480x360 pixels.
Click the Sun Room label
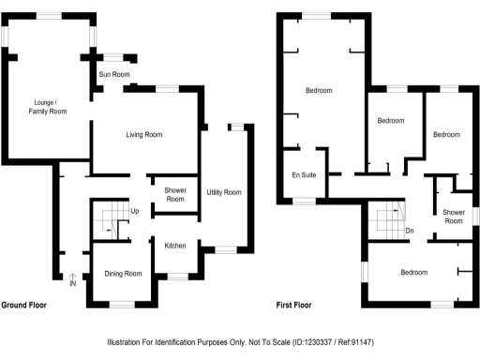(114, 74)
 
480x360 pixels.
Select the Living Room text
(144, 135)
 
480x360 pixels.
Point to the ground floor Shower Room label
(174, 194)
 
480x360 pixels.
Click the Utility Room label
(224, 192)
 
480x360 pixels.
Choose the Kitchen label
(175, 246)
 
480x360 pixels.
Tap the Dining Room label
(123, 274)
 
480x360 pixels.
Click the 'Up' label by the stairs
(135, 210)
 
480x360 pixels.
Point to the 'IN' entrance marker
(72, 283)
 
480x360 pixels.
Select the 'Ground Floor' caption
(25, 306)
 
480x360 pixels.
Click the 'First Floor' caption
(293, 306)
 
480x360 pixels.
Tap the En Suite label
(302, 175)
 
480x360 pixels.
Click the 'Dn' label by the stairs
(409, 231)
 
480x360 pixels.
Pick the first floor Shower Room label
(454, 217)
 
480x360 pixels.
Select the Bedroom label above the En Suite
(319, 90)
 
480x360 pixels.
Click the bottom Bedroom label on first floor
(413, 273)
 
